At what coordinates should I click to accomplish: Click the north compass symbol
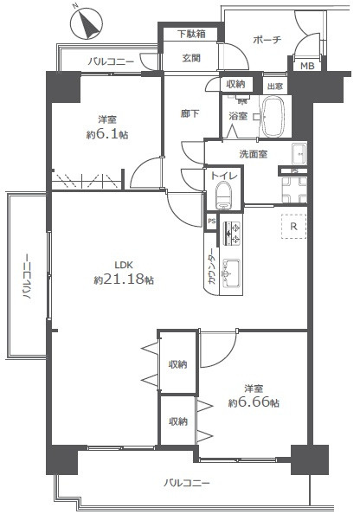click(87, 24)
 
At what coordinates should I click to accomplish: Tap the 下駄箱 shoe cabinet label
click(192, 34)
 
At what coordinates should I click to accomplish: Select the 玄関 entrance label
click(191, 58)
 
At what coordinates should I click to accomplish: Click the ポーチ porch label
click(267, 40)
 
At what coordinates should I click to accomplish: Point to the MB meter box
click(307, 66)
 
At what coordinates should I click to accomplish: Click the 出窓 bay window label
click(275, 87)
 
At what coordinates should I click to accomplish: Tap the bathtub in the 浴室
click(274, 117)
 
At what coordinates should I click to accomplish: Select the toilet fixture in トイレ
click(223, 196)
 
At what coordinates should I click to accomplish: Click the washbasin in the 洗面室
click(299, 154)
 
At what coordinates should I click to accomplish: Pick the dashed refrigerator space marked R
click(293, 226)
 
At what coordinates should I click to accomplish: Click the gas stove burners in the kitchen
click(231, 233)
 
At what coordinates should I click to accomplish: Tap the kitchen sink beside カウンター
click(231, 273)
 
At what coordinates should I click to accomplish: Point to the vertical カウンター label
click(212, 267)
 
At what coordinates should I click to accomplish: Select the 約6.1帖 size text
click(107, 135)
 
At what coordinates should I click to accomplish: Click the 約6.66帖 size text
click(254, 402)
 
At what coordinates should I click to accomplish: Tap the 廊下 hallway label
click(190, 113)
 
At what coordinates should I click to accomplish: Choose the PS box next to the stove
click(211, 222)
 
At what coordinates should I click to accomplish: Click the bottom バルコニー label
click(187, 483)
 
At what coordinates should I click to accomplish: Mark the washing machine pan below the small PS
click(294, 190)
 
